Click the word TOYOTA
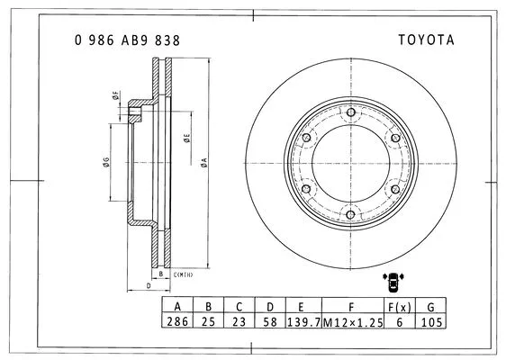[x=427, y=40]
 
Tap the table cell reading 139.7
[x=302, y=321]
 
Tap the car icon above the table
[x=393, y=280]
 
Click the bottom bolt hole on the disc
[x=349, y=212]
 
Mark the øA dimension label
[x=205, y=162]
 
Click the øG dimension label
[x=105, y=163]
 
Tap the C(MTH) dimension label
[x=184, y=274]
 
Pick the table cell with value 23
[x=239, y=321]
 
